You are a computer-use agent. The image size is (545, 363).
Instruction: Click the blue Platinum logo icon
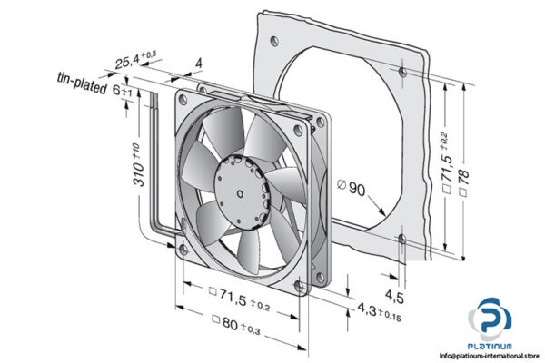click(491, 319)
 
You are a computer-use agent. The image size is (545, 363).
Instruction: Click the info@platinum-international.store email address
click(481, 356)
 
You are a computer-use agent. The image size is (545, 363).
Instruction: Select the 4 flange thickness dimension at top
click(198, 64)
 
